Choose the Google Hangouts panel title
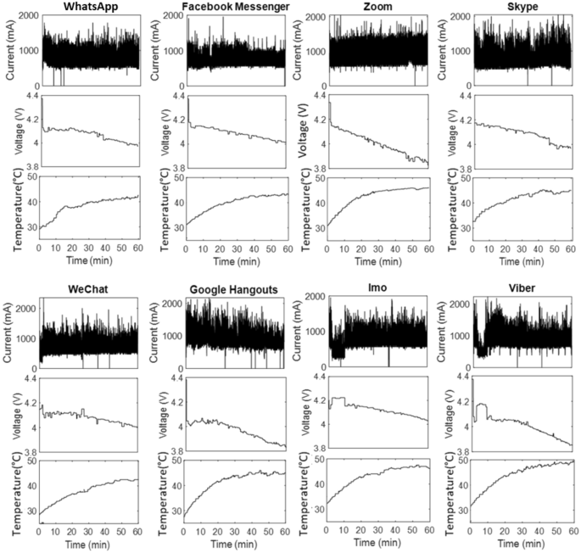[x=233, y=290]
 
